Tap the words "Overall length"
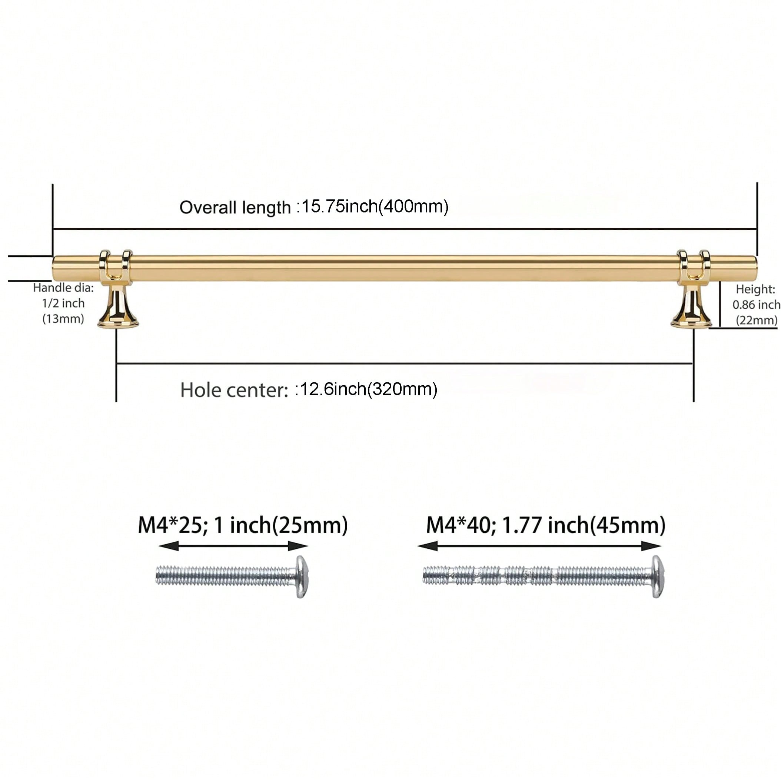pyautogui.click(x=235, y=208)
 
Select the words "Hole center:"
pyautogui.click(x=234, y=390)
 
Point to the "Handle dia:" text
pyautogui.click(x=63, y=288)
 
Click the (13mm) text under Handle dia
pyautogui.click(x=63, y=319)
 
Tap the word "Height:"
pyautogui.click(x=755, y=289)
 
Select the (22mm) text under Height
pyautogui.click(x=756, y=320)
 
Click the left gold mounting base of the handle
pyautogui.click(x=118, y=306)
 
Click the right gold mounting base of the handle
pyautogui.click(x=691, y=306)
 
